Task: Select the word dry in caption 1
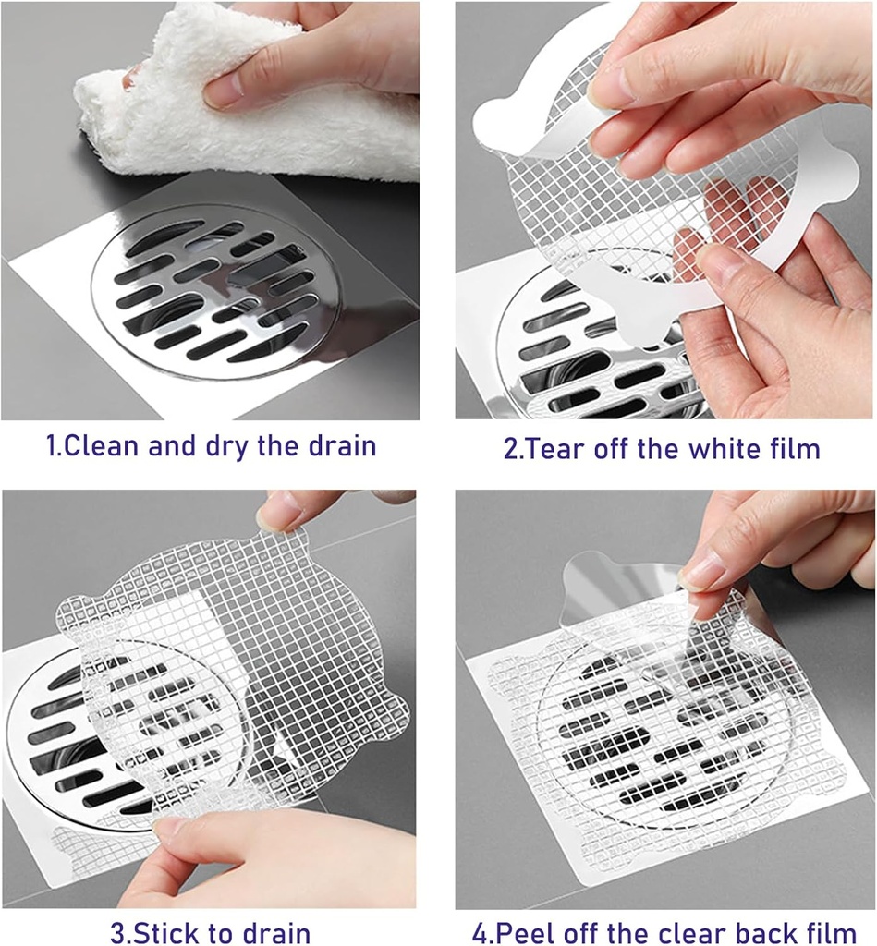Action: pos(223,446)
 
